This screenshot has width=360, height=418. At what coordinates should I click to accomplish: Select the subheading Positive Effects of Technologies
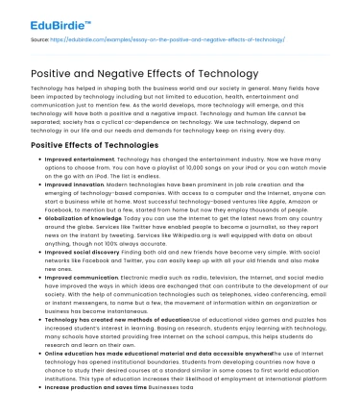pyautogui.click(x=84, y=145)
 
